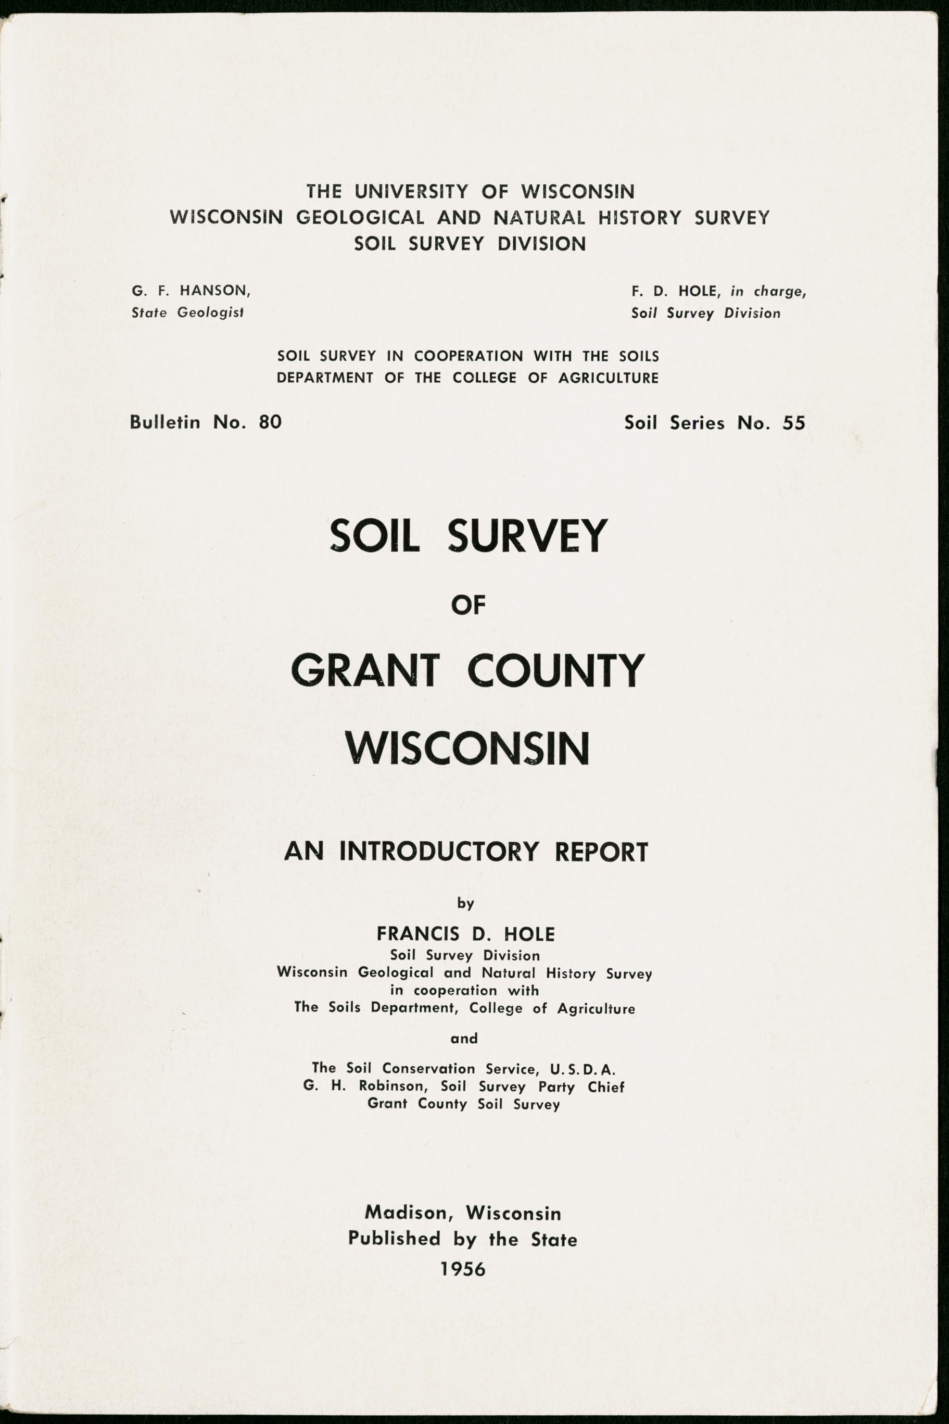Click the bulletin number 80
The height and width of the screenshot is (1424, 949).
click(270, 421)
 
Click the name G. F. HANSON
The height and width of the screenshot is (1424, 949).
click(191, 291)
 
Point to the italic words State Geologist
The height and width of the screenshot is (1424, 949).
click(187, 313)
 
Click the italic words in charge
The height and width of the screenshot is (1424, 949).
click(768, 291)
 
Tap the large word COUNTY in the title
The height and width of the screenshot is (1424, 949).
click(555, 671)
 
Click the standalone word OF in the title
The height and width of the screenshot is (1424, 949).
click(469, 605)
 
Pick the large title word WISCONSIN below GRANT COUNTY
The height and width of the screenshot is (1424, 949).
click(467, 749)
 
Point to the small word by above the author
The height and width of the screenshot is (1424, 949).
click(465, 904)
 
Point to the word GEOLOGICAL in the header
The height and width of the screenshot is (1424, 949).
click(360, 217)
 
